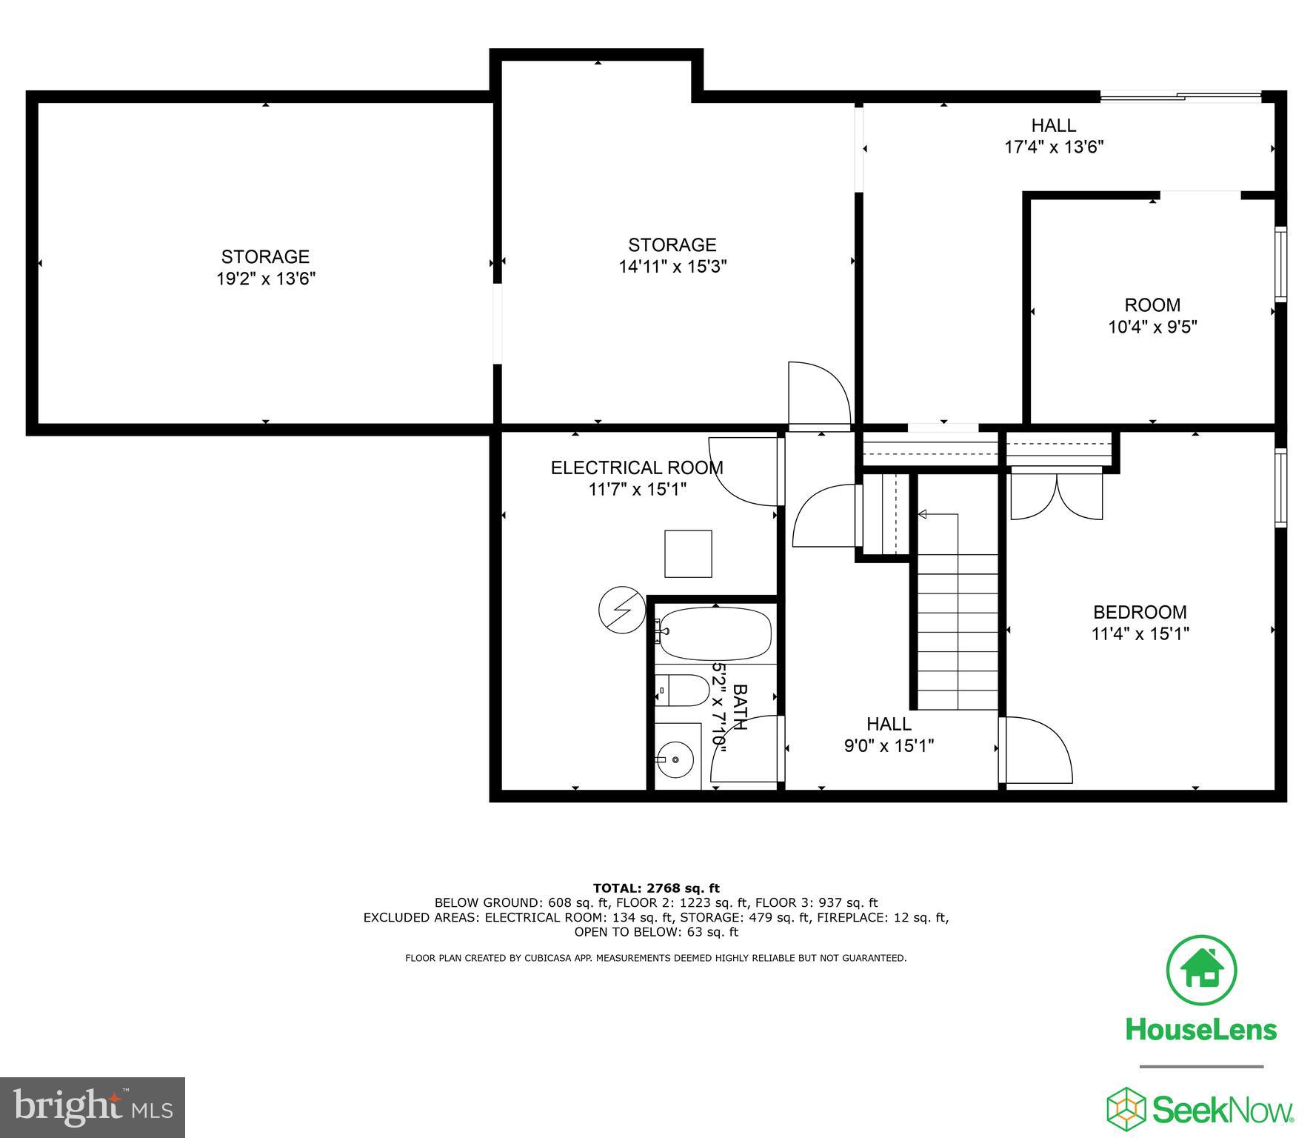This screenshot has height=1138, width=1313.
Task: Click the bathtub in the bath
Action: (x=715, y=634)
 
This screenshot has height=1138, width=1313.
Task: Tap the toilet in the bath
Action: (x=682, y=691)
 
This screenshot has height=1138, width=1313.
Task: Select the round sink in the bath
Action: (x=675, y=760)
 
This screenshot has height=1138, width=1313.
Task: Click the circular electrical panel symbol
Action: (x=621, y=610)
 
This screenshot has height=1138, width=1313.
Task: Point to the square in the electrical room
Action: (x=688, y=553)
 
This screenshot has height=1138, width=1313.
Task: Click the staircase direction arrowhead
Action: (x=923, y=514)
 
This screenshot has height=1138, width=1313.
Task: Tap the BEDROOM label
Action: (x=1140, y=612)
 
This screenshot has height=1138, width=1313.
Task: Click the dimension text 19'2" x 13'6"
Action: (x=265, y=279)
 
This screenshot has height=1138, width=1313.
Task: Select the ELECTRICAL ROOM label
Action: (x=637, y=467)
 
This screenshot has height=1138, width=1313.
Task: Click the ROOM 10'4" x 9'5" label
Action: (x=1152, y=316)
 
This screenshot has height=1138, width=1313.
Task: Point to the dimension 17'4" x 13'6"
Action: (x=1054, y=147)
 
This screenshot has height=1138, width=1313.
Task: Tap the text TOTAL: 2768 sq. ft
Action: (x=656, y=888)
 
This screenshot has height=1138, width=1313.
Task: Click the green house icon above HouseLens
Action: (x=1201, y=971)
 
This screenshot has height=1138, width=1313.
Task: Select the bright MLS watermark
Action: (x=93, y=1108)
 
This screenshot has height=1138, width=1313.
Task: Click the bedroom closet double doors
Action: (x=1057, y=496)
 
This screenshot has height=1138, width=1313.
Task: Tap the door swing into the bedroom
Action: (x=1037, y=748)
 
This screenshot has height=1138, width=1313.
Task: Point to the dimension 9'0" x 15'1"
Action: (x=889, y=745)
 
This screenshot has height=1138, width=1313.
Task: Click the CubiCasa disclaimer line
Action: (x=655, y=958)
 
